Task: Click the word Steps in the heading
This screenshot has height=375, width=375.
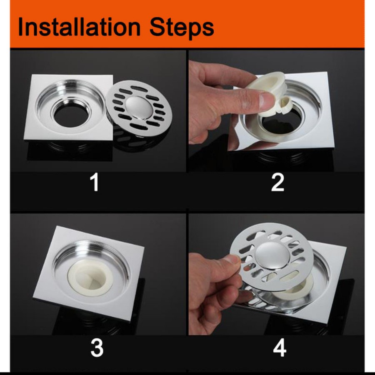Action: (x=182, y=29)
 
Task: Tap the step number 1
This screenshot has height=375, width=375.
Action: (x=95, y=182)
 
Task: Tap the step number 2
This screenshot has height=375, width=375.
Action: (x=277, y=182)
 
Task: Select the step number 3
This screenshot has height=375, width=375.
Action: (x=97, y=348)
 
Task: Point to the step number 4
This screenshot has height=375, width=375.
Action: (x=280, y=348)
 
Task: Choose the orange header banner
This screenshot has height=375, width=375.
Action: (x=187, y=24)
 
